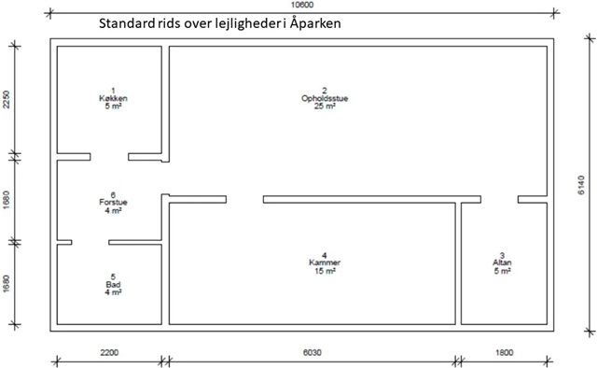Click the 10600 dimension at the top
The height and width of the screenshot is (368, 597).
click(x=302, y=5)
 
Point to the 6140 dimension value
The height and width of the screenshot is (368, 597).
click(x=581, y=185)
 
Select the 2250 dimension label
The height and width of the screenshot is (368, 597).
click(x=7, y=99)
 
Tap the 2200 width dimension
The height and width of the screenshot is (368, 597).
click(x=110, y=353)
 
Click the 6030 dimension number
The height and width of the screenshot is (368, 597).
click(x=312, y=353)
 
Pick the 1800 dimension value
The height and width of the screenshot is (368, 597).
click(x=504, y=353)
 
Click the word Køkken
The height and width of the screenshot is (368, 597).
click(x=113, y=98)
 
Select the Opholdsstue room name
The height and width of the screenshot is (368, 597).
click(x=325, y=98)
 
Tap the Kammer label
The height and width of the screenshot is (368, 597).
click(x=325, y=262)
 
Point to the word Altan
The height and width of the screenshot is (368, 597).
click(x=502, y=262)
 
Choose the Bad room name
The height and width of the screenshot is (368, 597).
click(x=113, y=285)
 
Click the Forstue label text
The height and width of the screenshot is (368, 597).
click(x=113, y=202)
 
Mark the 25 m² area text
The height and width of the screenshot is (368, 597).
click(x=325, y=106)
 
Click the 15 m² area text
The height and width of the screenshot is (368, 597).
click(x=325, y=271)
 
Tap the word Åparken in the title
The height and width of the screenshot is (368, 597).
click(x=315, y=22)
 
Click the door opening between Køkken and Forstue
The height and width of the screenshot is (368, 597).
click(x=109, y=157)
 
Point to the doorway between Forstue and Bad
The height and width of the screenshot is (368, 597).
click(x=90, y=242)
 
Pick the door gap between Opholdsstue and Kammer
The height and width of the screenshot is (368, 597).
click(x=244, y=200)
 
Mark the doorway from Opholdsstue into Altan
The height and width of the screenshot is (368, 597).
click(x=500, y=200)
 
